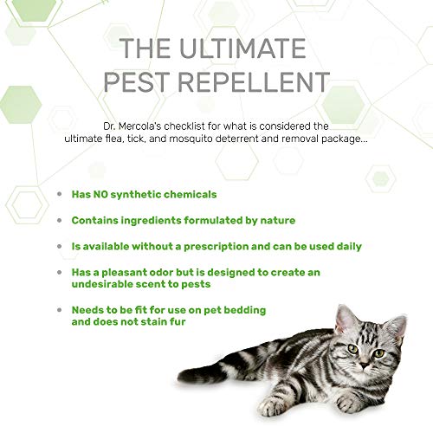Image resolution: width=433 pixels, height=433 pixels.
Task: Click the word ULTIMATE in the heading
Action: pos(242,48)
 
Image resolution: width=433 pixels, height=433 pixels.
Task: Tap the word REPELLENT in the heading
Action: pos(254,82)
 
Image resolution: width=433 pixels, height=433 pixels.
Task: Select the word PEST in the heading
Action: pos(136,82)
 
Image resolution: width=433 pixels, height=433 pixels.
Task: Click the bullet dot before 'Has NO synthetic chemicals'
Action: pos(60,194)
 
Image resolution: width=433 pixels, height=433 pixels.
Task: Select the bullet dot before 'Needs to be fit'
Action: pos(60,310)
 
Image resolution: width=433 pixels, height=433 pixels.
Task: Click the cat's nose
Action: pos(365,365)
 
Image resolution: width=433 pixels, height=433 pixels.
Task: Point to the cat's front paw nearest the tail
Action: pos(271,406)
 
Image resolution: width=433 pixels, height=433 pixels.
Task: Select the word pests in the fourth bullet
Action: pos(196,284)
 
